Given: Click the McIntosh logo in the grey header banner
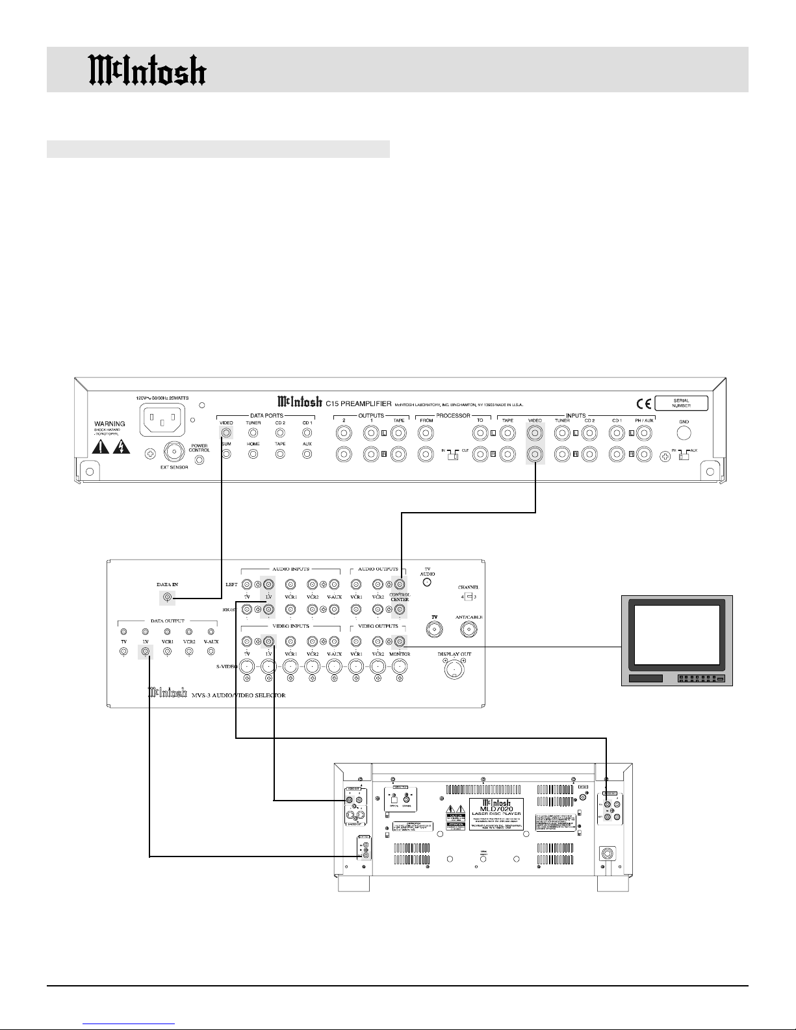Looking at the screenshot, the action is point(148,70).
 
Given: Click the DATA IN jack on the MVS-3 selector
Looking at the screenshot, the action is point(167,598).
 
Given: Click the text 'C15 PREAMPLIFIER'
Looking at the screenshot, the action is point(358,404).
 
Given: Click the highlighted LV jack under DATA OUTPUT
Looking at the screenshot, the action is point(146,650).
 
